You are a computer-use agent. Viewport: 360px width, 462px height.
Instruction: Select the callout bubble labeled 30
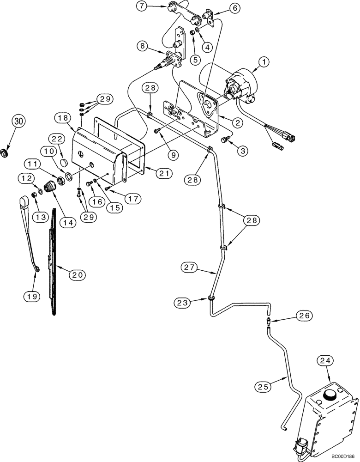[18, 122]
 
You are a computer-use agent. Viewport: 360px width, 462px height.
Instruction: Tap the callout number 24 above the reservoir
[324, 361]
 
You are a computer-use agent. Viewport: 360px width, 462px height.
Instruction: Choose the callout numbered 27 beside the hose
[190, 267]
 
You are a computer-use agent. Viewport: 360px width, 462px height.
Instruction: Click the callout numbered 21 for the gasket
[164, 173]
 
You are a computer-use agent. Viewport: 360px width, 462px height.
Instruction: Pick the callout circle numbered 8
[143, 46]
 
